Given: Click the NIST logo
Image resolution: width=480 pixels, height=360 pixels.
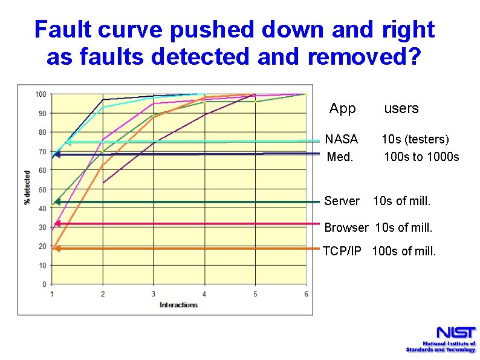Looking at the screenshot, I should (x=441, y=338).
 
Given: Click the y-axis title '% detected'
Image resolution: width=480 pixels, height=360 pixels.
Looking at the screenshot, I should (x=27, y=188).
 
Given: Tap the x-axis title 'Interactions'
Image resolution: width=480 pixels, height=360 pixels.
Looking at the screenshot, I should (x=178, y=304).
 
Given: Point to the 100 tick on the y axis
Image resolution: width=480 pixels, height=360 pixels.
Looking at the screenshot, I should (x=41, y=94).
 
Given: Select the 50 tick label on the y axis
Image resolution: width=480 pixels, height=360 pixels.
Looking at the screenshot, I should (x=41, y=189).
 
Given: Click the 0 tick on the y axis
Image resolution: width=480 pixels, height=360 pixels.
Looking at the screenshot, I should (x=44, y=284).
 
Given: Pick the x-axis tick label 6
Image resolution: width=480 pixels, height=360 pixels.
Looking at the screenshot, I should (x=306, y=294).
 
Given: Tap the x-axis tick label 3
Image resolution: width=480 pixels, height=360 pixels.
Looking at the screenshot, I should (x=154, y=294).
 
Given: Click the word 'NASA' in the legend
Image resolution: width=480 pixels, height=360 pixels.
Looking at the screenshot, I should (x=342, y=140).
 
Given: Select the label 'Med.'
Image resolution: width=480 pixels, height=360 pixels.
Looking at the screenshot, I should (x=340, y=157).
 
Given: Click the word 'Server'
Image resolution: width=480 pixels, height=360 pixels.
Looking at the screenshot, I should (x=342, y=201).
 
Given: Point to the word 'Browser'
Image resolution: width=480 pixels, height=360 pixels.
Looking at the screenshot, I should (x=346, y=228).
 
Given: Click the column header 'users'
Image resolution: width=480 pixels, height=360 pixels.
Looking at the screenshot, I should (x=401, y=108).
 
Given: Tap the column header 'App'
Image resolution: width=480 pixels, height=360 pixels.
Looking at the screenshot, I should (x=343, y=109).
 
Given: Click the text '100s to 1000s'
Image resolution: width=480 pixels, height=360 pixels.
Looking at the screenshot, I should (x=421, y=157).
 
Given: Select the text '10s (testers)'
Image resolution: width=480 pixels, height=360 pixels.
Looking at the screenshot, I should (x=415, y=140).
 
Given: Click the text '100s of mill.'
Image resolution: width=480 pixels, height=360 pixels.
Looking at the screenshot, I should (x=404, y=250).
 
